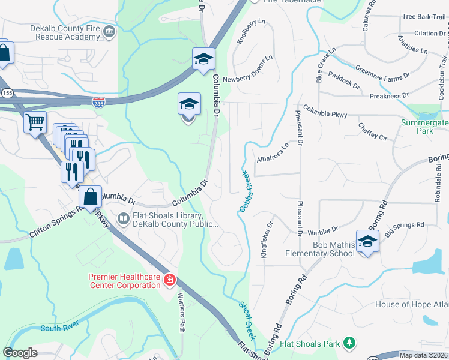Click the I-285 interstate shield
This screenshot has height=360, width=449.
pyautogui.click(x=98, y=103)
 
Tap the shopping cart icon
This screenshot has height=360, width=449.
pyautogui.click(x=35, y=122)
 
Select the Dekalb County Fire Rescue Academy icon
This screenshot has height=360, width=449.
pyautogui.click(x=109, y=31)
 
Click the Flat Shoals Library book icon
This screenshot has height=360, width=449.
pyautogui.click(x=124, y=219)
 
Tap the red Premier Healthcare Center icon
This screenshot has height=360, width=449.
pyautogui.click(x=170, y=280)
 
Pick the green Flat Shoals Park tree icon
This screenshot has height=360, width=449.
pyautogui.click(x=349, y=344)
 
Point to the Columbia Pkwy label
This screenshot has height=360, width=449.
pyautogui.click(x=325, y=110)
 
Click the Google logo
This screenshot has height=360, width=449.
pyautogui.click(x=20, y=353)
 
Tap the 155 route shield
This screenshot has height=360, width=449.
pyautogui.click(x=7, y=93)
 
